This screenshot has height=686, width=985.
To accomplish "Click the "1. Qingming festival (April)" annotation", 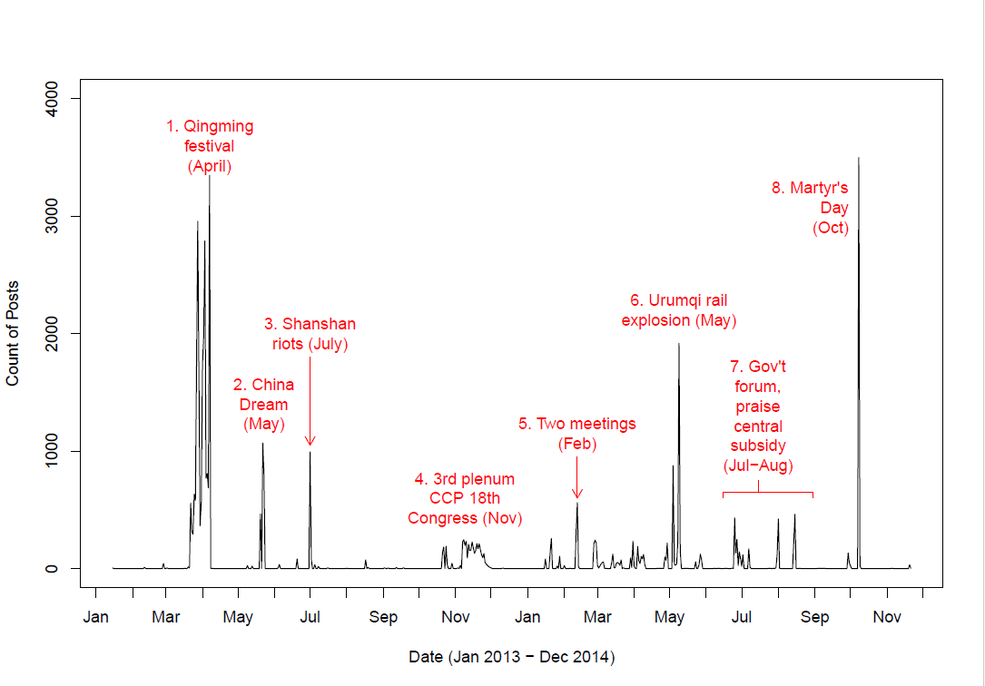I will click(x=210, y=146).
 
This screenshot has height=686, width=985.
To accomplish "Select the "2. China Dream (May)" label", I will click(x=263, y=405).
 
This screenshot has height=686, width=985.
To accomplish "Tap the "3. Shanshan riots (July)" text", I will click(x=310, y=334).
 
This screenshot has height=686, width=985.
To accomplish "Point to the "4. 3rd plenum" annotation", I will click(x=465, y=498).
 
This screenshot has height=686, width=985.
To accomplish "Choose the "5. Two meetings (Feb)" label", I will click(x=576, y=434).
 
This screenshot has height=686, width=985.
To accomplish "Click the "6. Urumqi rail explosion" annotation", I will click(x=678, y=310).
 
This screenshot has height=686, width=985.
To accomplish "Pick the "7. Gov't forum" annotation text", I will click(x=758, y=416).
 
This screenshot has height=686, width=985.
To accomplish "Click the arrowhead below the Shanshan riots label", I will click(x=310, y=442).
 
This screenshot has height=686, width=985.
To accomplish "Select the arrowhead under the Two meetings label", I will click(x=576, y=495).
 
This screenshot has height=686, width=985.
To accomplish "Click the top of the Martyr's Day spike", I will click(x=858, y=159).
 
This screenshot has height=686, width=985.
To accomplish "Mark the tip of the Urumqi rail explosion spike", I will click(x=678, y=344).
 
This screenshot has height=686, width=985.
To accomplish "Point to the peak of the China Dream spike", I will click(x=262, y=444).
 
